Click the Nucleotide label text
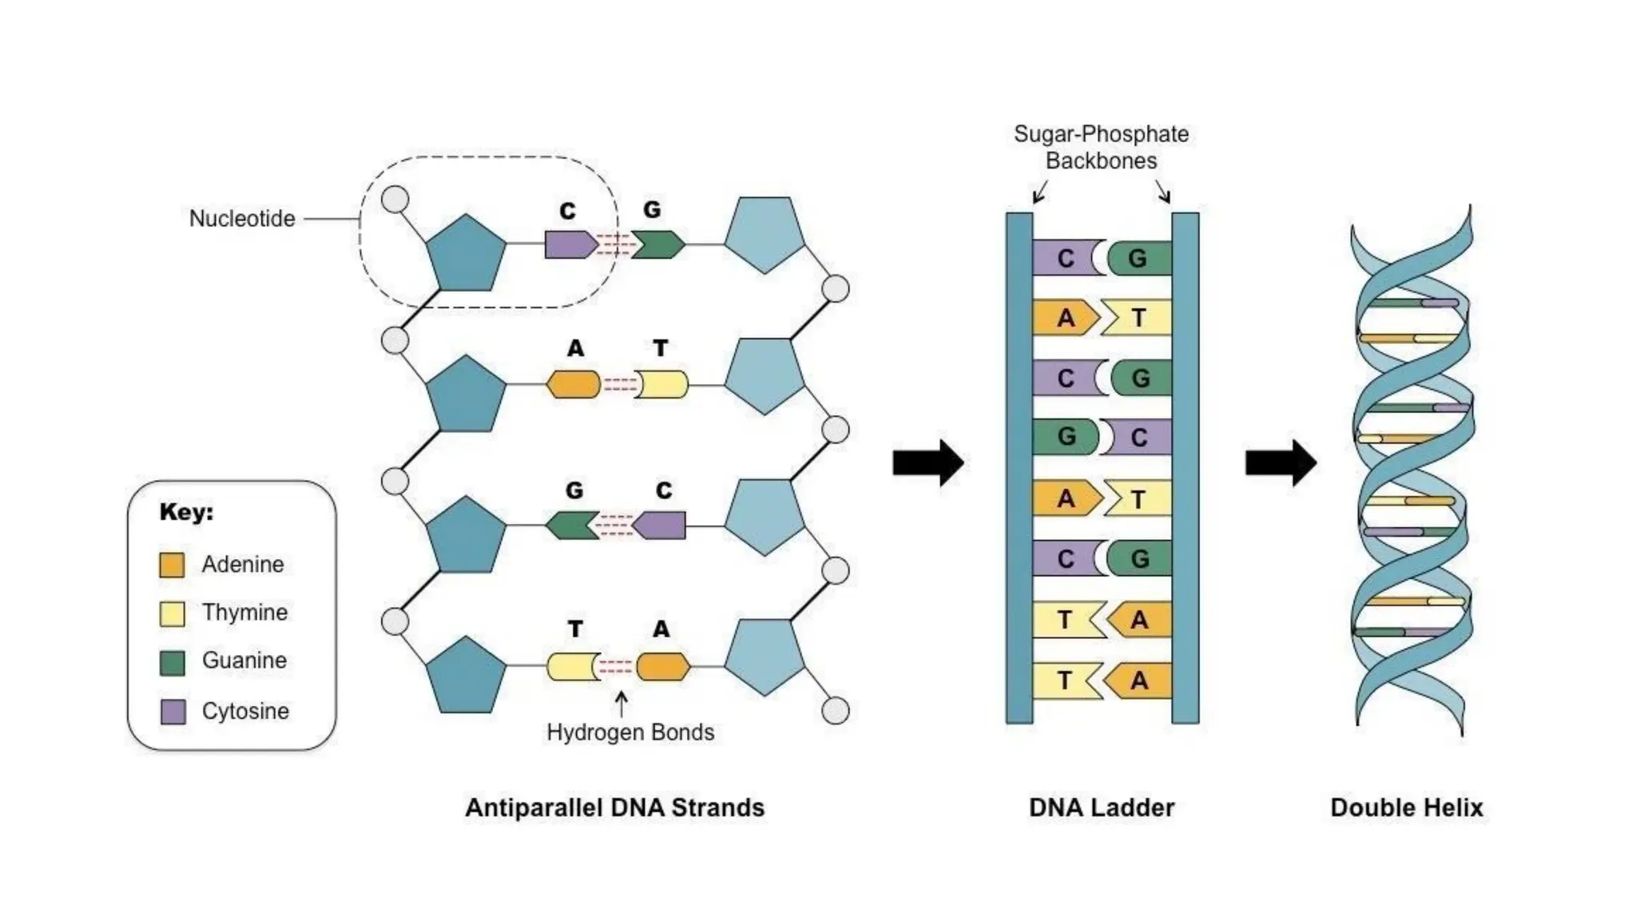click(x=242, y=218)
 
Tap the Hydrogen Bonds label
click(x=629, y=732)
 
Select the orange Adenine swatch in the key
click(x=172, y=565)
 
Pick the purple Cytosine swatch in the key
click(x=173, y=711)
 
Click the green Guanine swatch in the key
click(x=172, y=662)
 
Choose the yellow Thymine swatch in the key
click(x=172, y=613)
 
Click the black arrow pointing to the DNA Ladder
click(x=927, y=462)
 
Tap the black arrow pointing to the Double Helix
click(x=1281, y=462)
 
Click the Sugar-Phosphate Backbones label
click(x=1101, y=147)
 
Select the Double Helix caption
click(x=1406, y=807)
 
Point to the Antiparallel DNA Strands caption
click(x=614, y=807)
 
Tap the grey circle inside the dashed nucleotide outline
click(x=395, y=199)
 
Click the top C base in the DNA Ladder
click(x=1066, y=258)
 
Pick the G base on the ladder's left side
click(x=1065, y=437)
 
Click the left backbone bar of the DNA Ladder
click(x=1019, y=467)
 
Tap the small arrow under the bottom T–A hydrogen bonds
click(x=621, y=704)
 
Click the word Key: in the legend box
click(x=186, y=512)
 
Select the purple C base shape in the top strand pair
click(x=569, y=244)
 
